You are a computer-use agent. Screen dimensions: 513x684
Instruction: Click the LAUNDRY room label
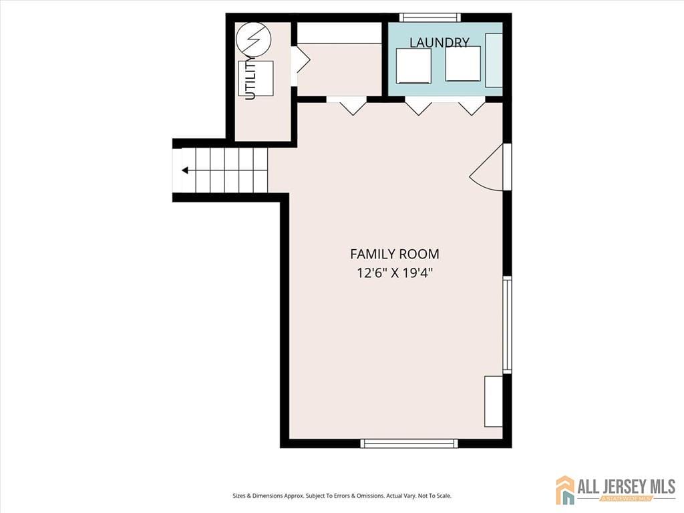pos(439,43)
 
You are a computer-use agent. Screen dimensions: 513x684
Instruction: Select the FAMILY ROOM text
pos(395,254)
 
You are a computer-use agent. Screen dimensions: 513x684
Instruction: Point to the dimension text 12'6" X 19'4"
pos(395,273)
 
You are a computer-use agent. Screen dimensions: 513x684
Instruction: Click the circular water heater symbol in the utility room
pos(252,39)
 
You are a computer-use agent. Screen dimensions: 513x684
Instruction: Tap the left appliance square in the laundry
pos(413,65)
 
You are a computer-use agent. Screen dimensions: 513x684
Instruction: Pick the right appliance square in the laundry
pos(463,64)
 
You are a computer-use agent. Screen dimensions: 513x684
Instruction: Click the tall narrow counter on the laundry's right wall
pos(494,59)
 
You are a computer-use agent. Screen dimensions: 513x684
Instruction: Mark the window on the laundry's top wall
pos(430,17)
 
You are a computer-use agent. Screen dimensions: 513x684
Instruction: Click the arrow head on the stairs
pos(184,170)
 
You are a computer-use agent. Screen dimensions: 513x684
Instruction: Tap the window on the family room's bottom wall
pos(409,443)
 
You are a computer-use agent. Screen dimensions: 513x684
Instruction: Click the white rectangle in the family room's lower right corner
pos(493,401)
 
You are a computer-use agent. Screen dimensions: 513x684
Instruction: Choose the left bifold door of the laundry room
pos(419,106)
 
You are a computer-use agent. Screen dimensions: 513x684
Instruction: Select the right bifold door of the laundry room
pos(472,106)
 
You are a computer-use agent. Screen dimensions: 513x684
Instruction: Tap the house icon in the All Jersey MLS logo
pos(565,490)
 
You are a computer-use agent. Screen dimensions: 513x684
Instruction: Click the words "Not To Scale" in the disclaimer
pos(435,496)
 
